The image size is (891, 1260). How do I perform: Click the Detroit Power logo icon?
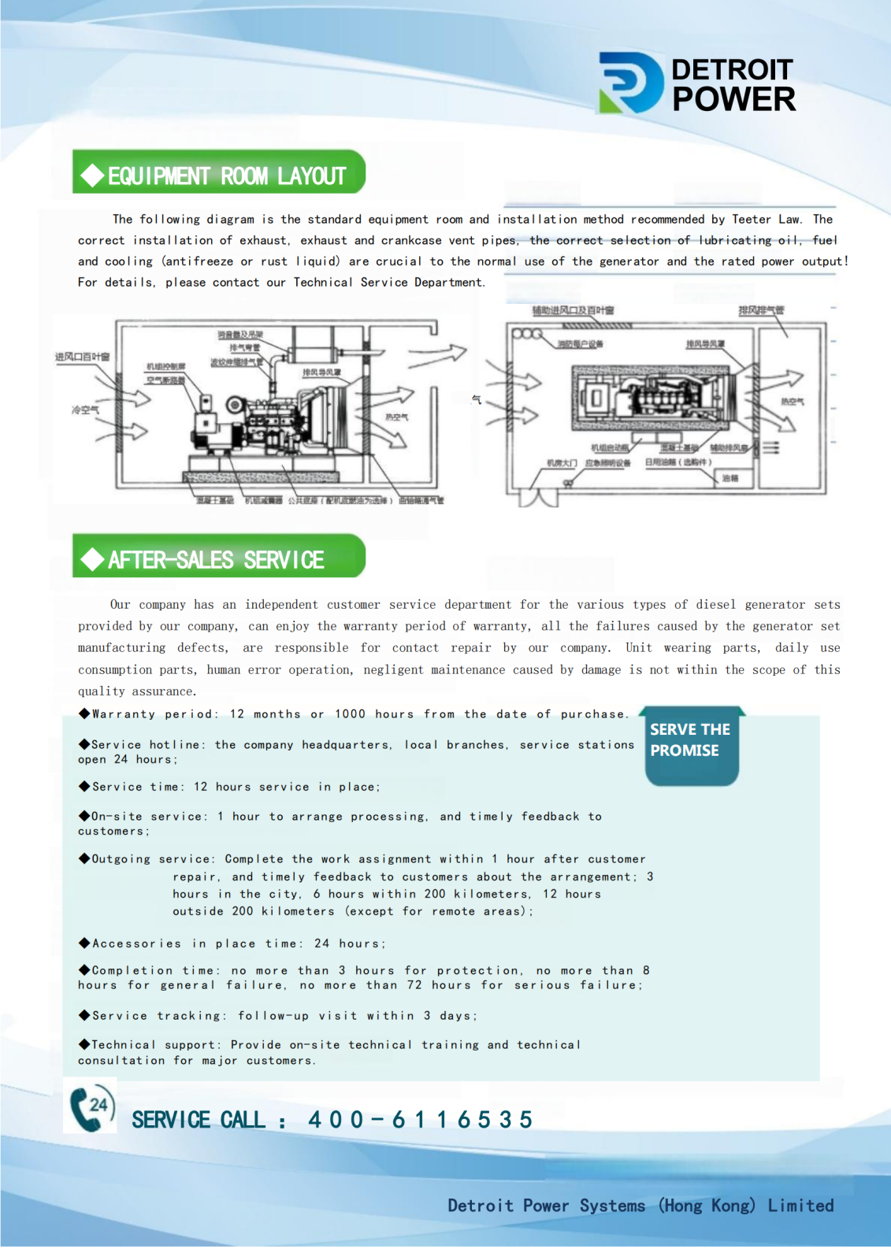tap(630, 83)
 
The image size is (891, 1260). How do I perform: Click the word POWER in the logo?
tap(733, 100)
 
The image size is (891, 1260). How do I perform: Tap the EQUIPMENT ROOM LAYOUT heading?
tap(227, 176)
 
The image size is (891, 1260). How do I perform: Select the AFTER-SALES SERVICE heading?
tap(216, 560)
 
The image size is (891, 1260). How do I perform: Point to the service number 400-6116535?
tap(420, 1119)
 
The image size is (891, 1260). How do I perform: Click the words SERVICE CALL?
tap(198, 1120)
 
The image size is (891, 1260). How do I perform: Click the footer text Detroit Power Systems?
tap(546, 1206)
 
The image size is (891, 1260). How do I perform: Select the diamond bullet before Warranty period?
tap(84, 713)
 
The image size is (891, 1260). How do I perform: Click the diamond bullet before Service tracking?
tap(84, 1015)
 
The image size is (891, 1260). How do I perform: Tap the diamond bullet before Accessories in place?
tap(84, 943)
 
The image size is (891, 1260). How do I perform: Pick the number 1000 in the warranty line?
tap(350, 714)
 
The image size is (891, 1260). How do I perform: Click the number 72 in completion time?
tap(414, 985)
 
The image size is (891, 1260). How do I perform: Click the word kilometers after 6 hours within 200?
tap(491, 894)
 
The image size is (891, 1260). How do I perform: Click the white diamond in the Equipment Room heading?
tap(93, 176)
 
